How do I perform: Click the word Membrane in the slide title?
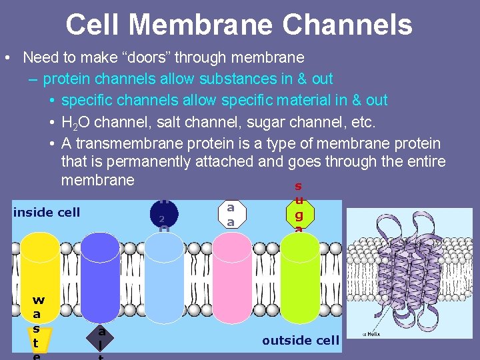coord(200,25)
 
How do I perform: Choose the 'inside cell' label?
coord(47,213)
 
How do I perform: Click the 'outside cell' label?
coord(301,341)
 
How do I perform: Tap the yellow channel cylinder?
coord(41,267)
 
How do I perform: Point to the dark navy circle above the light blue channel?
coord(163,212)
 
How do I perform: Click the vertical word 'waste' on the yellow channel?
coord(38,327)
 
